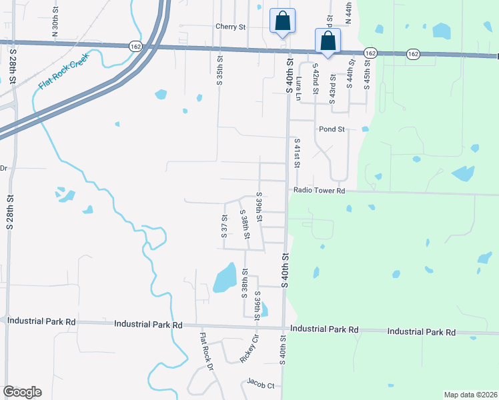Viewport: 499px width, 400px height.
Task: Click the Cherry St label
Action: tap(231, 27)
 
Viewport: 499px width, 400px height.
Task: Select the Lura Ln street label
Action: tap(299, 87)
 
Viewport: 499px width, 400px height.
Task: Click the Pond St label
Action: tap(332, 129)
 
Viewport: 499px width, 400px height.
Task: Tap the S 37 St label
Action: tap(224, 227)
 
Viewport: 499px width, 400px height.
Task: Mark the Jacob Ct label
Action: tap(261, 385)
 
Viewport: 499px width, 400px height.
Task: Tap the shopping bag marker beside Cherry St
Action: tap(282, 21)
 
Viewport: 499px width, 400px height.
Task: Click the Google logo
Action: tap(22, 392)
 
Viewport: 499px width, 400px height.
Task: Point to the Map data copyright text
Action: tap(470, 395)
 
